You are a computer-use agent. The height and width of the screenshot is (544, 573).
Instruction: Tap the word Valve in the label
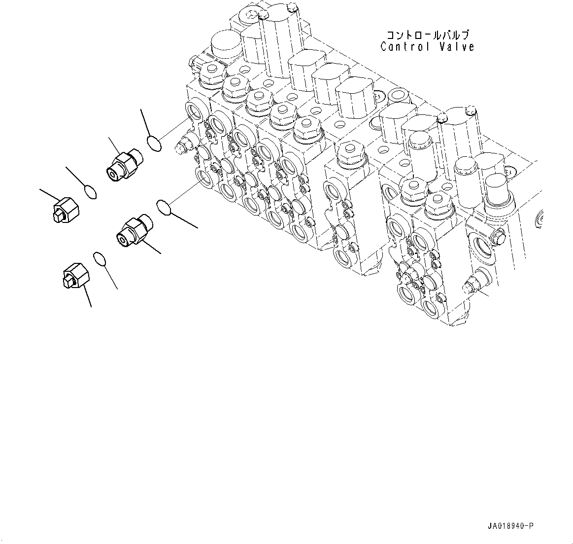[458, 47]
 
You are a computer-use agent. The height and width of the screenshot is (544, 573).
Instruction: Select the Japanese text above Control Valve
[428, 35]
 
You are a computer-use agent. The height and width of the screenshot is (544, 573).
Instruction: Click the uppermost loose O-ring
[154, 143]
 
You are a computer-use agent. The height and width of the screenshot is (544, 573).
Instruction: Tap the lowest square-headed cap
[76, 276]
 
